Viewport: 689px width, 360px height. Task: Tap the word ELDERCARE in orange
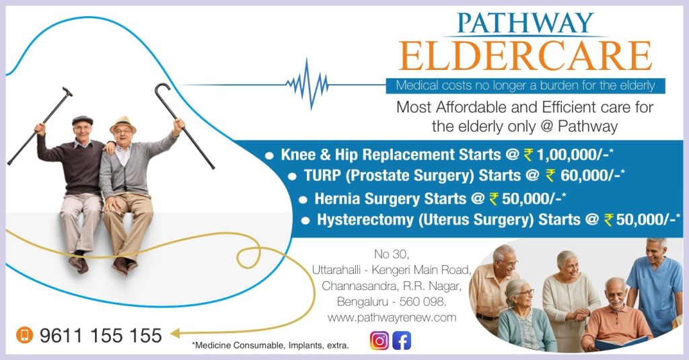[x=525, y=56]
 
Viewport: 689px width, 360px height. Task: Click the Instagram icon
[x=379, y=340]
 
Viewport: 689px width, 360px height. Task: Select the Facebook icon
[x=402, y=340]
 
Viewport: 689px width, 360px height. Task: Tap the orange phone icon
[x=25, y=335]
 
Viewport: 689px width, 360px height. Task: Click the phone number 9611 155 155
[x=101, y=335]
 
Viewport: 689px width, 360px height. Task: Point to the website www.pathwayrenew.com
[x=392, y=317]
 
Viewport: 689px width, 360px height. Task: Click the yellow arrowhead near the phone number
[x=175, y=332]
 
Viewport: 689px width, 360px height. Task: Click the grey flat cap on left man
[x=82, y=120]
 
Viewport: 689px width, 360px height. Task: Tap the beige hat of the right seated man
[x=123, y=122]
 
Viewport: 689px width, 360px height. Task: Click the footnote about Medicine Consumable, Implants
[x=270, y=346]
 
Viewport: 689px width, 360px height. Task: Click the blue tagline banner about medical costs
[x=525, y=85]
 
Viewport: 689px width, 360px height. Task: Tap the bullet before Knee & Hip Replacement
[x=269, y=155]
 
